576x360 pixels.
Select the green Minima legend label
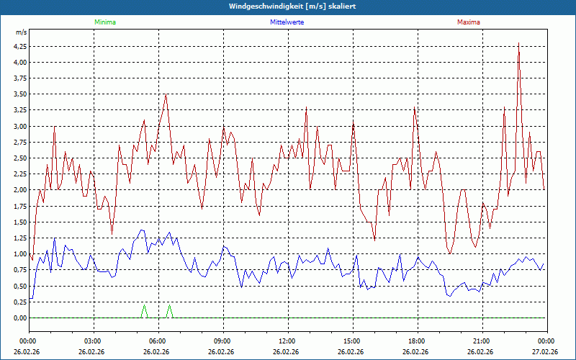pos(104,22)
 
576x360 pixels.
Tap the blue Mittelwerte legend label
pos(287,22)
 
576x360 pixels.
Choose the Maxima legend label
pos(469,22)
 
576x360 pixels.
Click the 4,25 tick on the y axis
pos(20,46)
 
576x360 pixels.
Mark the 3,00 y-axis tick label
pos(20,126)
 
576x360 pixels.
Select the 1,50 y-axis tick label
pos(20,222)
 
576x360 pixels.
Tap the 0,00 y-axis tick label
pos(20,318)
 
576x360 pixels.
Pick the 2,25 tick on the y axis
pos(20,174)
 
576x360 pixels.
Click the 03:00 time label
pos(93,341)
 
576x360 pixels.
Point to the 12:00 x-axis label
pos(287,341)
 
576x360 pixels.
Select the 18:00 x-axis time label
pos(417,341)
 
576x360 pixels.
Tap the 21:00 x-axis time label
pos(482,341)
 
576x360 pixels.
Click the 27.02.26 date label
pos(545,352)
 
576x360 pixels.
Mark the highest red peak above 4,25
pos(518,43)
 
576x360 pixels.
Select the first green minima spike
pos(144,307)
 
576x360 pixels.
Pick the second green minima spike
pos(170,307)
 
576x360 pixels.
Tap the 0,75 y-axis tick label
pos(20,270)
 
